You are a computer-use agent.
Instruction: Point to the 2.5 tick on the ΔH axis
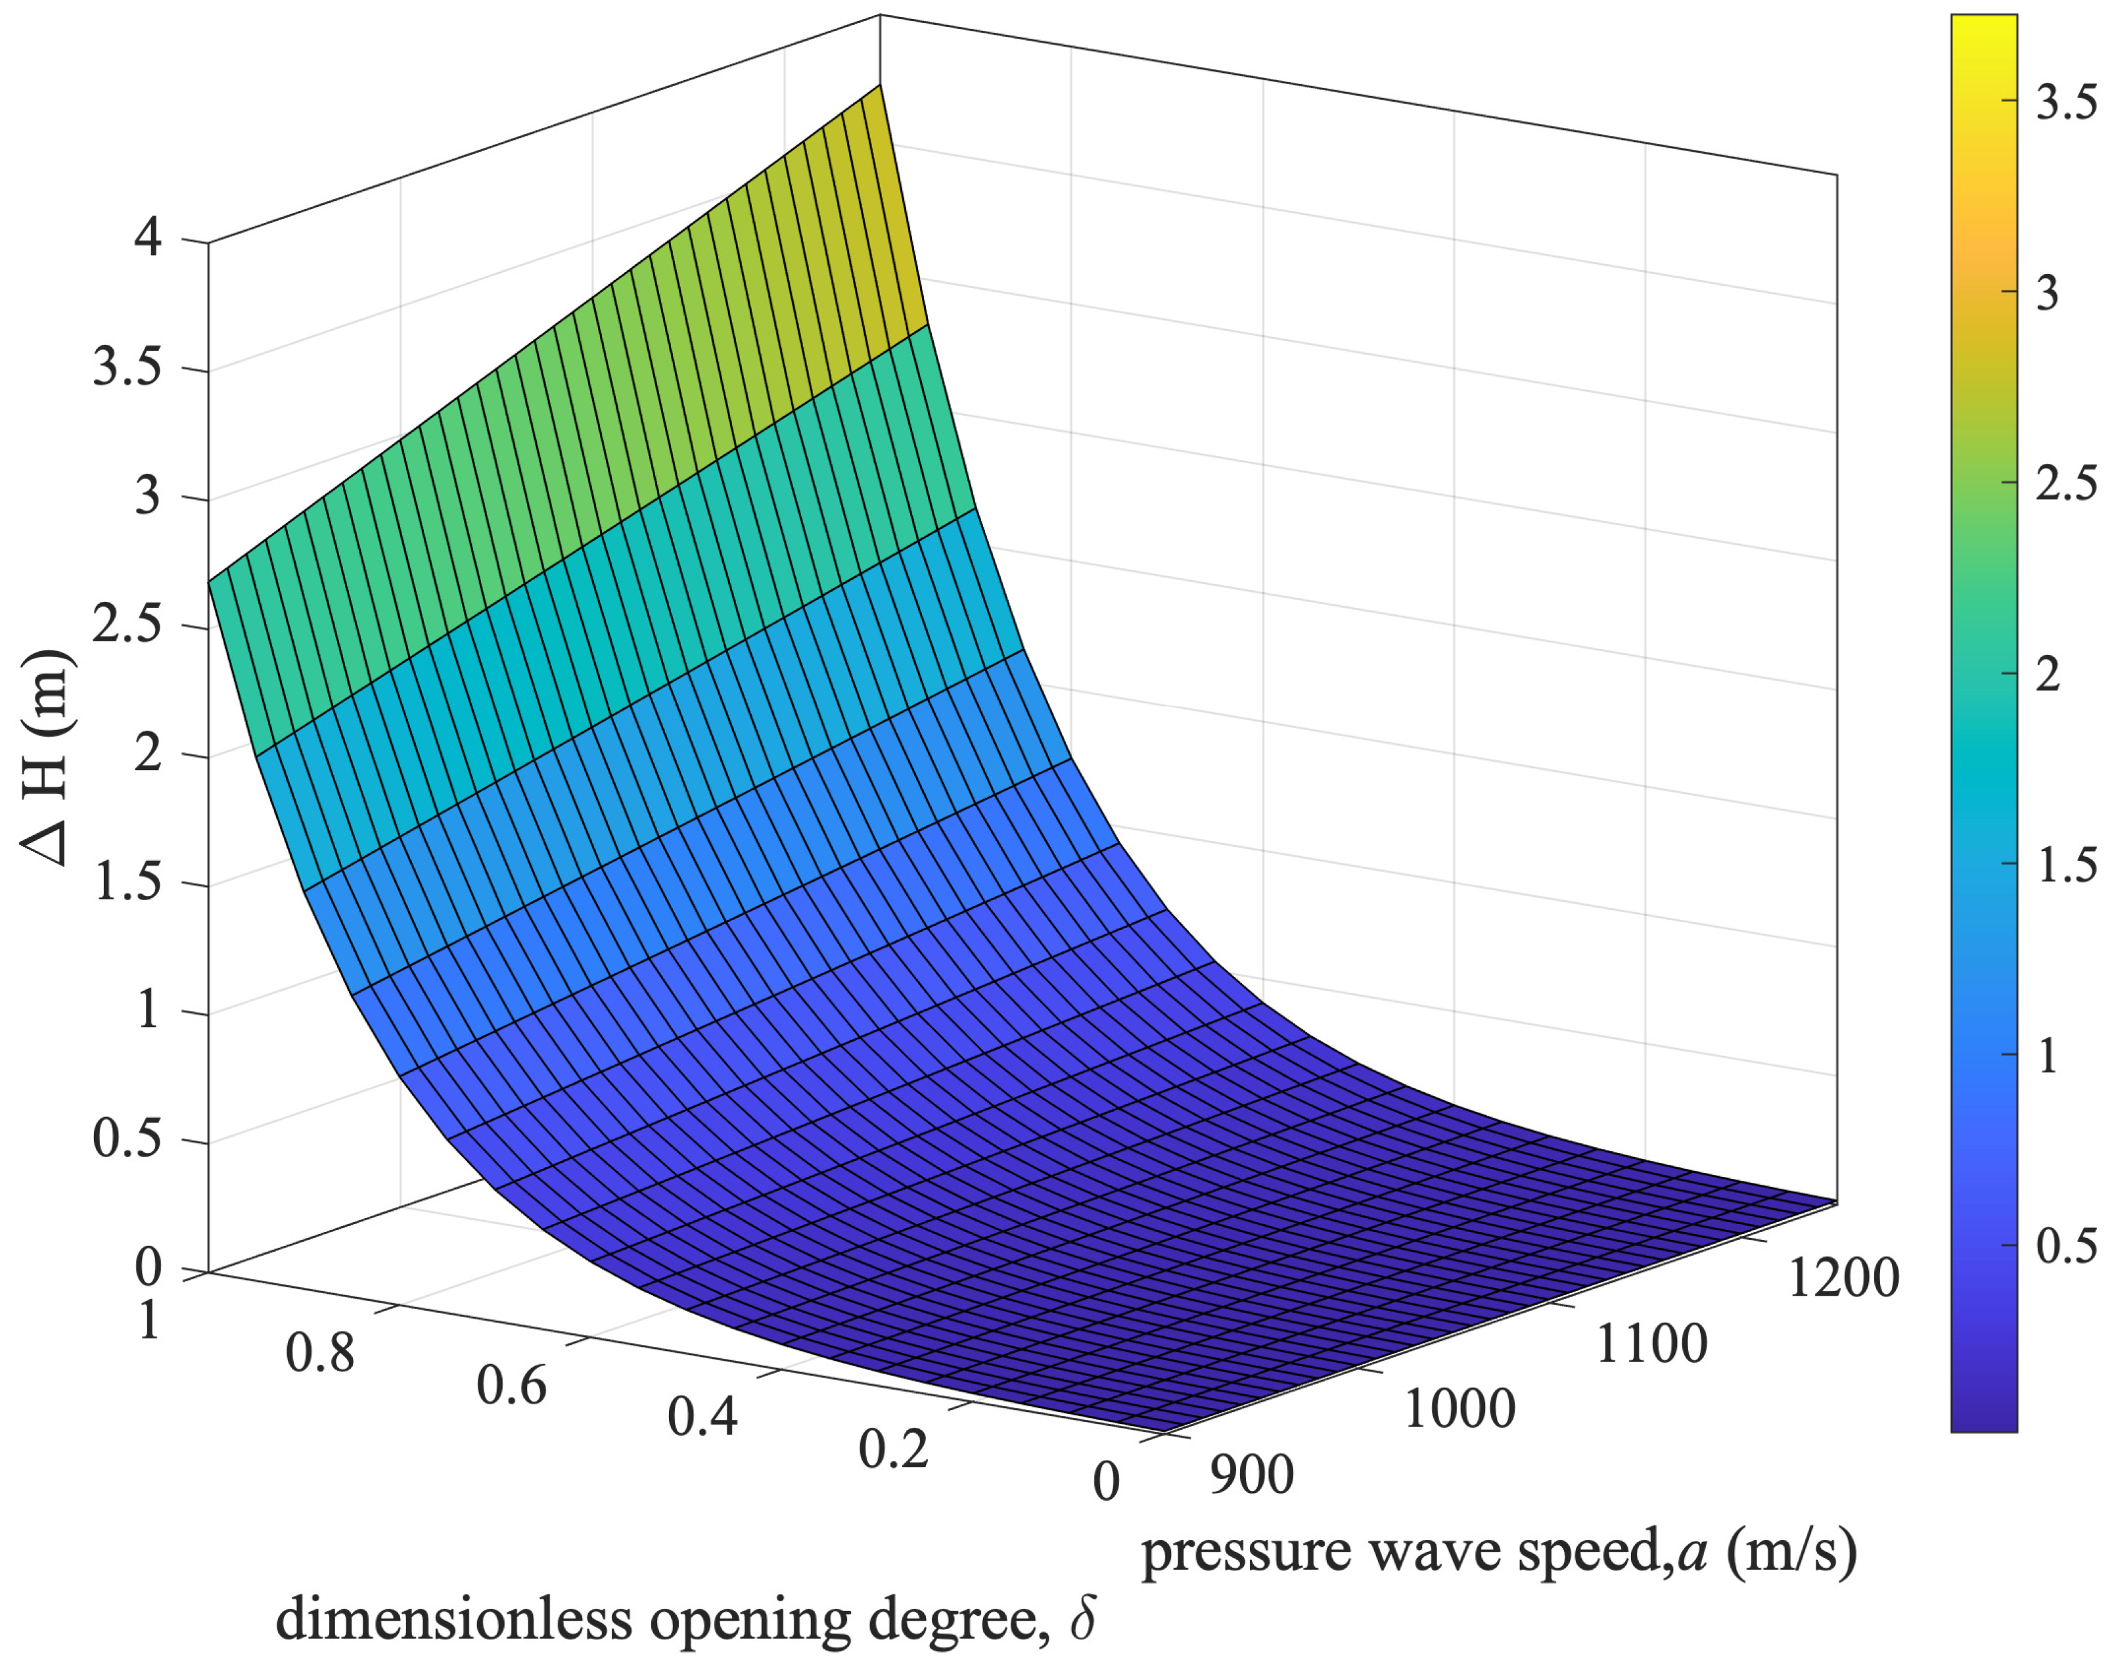127,626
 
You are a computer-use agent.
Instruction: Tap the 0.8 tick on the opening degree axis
320,1354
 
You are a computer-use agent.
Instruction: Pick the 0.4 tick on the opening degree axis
702,1416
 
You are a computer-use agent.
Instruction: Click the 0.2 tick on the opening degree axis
893,1448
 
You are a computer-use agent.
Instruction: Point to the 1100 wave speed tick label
1651,1344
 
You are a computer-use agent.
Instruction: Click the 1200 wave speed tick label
1843,1277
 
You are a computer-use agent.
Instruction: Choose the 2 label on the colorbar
2048,674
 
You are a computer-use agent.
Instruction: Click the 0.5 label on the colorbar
2065,1246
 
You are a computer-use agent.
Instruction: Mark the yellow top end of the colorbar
1983,24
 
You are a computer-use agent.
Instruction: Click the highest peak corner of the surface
879,86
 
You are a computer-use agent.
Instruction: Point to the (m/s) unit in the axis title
1791,1552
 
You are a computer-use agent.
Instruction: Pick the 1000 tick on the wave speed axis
1459,1408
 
